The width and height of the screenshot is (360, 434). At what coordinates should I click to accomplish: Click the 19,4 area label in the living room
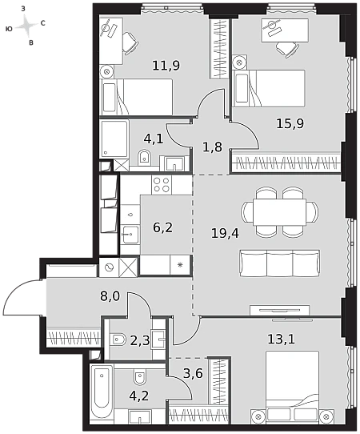225,233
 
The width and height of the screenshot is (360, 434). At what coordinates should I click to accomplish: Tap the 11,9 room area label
166,66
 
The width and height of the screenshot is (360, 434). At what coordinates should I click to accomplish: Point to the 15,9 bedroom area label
290,123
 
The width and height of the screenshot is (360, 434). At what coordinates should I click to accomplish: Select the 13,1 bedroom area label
281,339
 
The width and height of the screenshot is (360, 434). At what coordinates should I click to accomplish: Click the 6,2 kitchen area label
163,227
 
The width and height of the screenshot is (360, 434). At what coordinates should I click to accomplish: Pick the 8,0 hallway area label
110,296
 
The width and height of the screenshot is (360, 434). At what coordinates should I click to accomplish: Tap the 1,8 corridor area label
212,147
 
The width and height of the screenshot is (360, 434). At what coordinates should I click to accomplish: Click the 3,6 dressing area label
193,373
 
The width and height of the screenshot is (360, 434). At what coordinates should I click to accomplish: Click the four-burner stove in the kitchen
162,185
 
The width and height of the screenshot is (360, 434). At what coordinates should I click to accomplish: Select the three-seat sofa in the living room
279,263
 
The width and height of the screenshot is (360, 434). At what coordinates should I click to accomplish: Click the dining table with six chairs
279,212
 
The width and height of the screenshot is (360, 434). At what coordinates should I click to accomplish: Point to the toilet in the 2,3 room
118,340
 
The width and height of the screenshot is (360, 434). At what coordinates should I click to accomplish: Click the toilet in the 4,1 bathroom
145,158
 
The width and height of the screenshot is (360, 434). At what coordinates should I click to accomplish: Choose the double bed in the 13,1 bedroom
292,387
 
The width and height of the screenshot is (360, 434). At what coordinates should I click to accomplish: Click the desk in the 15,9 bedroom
285,30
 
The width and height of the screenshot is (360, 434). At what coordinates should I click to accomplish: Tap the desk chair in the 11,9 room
130,43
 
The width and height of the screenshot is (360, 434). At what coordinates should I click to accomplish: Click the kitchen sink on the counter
130,235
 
